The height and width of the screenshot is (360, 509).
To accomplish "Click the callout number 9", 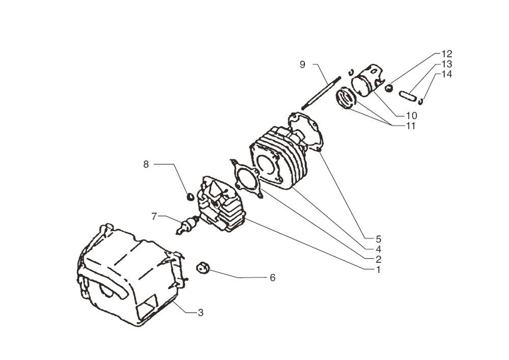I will [x=302, y=65].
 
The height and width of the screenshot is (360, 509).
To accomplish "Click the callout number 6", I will [x=272, y=278].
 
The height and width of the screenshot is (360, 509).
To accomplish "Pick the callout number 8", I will [x=146, y=164].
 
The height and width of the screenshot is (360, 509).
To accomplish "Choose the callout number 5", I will [x=378, y=238].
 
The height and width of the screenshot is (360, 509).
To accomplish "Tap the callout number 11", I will [x=410, y=126].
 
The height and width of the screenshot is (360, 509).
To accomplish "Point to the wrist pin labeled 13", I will [x=407, y=95].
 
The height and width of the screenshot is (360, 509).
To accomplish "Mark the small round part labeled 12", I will [x=389, y=88].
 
